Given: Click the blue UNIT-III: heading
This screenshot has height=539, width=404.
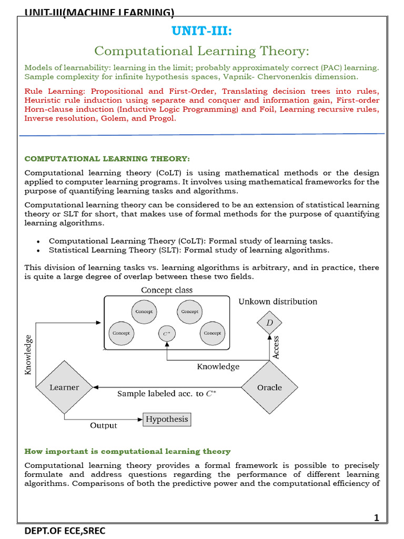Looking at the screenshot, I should [x=201, y=32].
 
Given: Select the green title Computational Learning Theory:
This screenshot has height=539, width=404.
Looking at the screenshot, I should [x=201, y=51].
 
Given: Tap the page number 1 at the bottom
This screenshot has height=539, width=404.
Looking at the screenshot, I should [x=376, y=518].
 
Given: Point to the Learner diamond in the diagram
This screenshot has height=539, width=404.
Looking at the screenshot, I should [x=64, y=387].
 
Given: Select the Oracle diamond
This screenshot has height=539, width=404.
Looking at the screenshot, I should [x=269, y=387].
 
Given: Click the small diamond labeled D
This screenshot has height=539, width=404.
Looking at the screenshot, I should [x=269, y=323].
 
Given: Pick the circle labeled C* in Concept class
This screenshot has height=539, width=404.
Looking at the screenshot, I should [x=167, y=333].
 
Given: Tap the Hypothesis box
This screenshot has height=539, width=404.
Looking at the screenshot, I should [x=167, y=420].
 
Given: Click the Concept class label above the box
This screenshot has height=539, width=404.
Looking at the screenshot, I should [x=167, y=291].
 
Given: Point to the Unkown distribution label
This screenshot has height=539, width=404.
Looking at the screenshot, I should [x=278, y=302].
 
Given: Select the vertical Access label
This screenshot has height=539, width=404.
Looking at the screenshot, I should [x=276, y=348].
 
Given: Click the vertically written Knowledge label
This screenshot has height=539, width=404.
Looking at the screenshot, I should [x=28, y=355].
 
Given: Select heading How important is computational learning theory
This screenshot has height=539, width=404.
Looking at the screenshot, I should [x=127, y=452].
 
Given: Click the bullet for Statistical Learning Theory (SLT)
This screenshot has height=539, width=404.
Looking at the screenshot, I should [x=38, y=251].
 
